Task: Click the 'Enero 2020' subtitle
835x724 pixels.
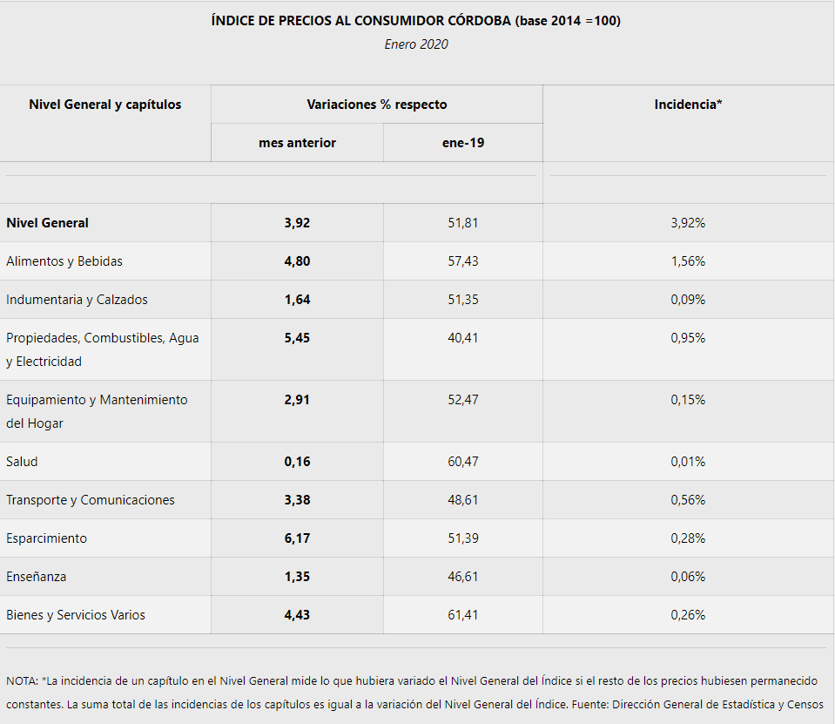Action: pos(416,44)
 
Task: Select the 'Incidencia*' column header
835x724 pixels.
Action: pos(688,105)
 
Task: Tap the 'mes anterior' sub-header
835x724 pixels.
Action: pos(297,143)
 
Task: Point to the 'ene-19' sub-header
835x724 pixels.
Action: pos(463,143)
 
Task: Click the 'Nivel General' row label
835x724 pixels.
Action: pos(47,223)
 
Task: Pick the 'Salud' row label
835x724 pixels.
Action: pos(22,462)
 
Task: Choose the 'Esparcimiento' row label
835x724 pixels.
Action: pos(46,538)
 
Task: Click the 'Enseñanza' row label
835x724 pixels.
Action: pos(36,577)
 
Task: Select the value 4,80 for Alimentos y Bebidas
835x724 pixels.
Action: pos(297,261)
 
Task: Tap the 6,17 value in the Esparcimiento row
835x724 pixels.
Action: pos(297,538)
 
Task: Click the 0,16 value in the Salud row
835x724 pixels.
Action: pos(297,462)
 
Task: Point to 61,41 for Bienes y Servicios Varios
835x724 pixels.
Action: pos(463,615)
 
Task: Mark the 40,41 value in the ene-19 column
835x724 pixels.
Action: pos(463,338)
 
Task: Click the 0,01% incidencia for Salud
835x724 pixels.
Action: pos(688,462)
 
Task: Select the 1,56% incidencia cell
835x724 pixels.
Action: pos(688,261)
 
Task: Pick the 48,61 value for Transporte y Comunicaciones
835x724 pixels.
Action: pos(463,500)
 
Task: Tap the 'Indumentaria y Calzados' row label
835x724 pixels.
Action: pos(77,300)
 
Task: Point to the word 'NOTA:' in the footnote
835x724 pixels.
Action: pos(22,680)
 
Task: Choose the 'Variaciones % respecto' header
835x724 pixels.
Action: pos(376,105)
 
